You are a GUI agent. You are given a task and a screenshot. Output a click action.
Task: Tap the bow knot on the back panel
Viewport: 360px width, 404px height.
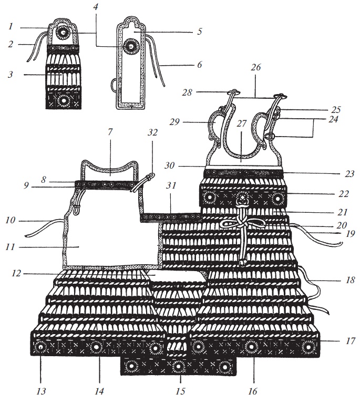pyautogui.click(x=241, y=225)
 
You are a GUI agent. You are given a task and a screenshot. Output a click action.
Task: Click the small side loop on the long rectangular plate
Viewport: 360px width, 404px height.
pyautogui.click(x=114, y=84)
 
